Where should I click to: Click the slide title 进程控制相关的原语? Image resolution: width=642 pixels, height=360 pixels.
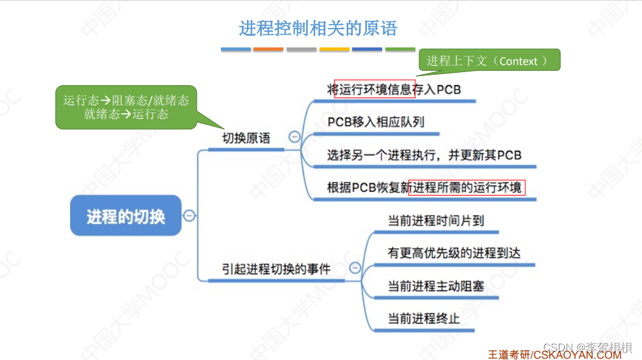(x=318, y=29)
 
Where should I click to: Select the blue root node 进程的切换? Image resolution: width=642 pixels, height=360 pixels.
(x=125, y=216)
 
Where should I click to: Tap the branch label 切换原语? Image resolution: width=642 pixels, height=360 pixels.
(x=246, y=138)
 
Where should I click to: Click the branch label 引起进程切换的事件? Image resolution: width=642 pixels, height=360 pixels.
(x=276, y=268)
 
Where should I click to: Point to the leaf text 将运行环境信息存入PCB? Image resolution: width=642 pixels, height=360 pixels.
(x=394, y=89)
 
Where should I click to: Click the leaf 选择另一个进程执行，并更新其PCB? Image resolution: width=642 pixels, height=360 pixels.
(x=424, y=155)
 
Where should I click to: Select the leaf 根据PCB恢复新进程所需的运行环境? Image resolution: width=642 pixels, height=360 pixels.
(x=424, y=188)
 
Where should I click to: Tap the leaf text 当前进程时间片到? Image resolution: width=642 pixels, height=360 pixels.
(x=435, y=220)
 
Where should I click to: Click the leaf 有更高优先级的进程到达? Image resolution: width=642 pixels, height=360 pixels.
(x=454, y=253)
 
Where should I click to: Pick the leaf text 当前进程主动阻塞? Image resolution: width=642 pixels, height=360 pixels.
(x=435, y=285)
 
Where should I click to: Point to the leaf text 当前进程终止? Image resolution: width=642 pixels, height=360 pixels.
(x=424, y=318)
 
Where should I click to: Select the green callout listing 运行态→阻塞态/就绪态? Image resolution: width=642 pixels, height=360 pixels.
(x=126, y=107)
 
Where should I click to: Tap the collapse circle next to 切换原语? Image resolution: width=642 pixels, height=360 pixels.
(x=294, y=137)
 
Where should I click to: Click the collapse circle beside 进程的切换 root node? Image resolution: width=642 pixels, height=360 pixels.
(x=189, y=216)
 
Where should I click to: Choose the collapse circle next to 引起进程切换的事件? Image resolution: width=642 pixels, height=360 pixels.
(x=355, y=268)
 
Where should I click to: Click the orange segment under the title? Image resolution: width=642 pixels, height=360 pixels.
(x=268, y=49)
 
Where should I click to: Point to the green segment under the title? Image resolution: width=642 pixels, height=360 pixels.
(x=400, y=49)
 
